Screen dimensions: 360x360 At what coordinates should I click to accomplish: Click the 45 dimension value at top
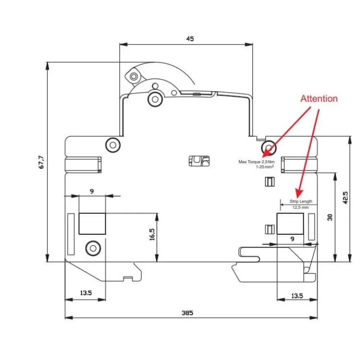tap(190, 38)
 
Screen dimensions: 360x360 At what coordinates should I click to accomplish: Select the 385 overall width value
tap(187, 312)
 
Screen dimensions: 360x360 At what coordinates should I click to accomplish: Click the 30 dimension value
tap(330, 217)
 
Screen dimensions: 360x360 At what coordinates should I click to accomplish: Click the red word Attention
tap(319, 98)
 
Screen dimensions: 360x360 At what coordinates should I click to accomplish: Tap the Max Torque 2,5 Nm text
tap(256, 162)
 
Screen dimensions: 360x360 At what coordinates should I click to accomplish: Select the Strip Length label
tap(300, 201)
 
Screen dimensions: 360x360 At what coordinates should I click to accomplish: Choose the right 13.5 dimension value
tap(297, 296)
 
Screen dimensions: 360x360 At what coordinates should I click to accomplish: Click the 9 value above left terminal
tap(91, 191)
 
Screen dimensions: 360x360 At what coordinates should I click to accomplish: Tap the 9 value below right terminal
tap(292, 239)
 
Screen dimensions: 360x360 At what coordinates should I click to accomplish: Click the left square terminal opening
tap(92, 223)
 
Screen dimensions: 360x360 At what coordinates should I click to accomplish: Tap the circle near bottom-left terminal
tap(92, 248)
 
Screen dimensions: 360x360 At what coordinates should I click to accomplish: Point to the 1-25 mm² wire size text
tap(264, 167)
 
